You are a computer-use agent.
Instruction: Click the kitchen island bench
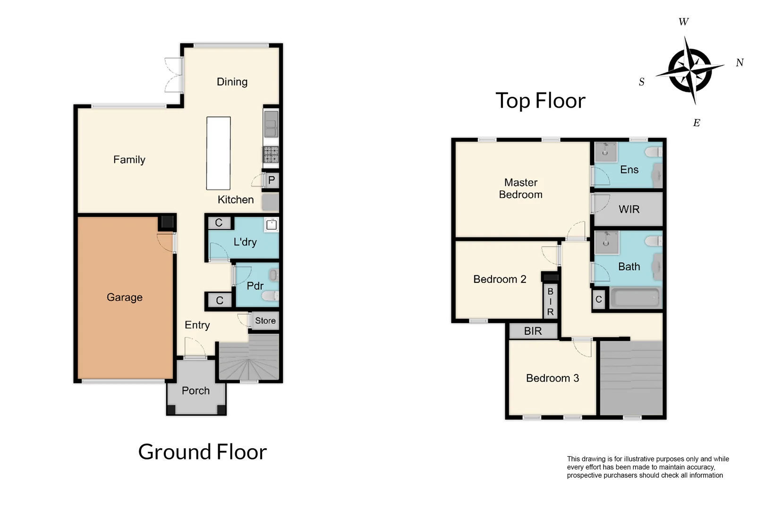coord(218,153)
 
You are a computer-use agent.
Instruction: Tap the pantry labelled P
coord(271,180)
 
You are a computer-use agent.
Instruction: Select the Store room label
coord(265,321)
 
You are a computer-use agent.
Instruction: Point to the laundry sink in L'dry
coord(271,225)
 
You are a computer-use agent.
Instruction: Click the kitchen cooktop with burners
coord(271,154)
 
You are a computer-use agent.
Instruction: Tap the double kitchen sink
coord(271,124)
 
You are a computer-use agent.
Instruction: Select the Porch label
coord(195,391)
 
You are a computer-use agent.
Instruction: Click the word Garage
coord(124,297)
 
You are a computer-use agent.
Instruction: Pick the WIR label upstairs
coord(629,209)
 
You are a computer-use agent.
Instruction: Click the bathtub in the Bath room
coord(635,298)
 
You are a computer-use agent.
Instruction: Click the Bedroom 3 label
coord(552,378)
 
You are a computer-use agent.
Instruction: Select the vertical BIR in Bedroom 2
coord(550,302)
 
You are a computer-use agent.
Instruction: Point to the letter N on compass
coord(739,63)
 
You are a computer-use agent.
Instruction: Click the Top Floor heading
coord(540,101)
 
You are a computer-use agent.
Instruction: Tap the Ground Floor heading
coord(202,452)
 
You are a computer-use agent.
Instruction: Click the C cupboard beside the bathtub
coord(598,299)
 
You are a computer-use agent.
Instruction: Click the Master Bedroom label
coord(520,188)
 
